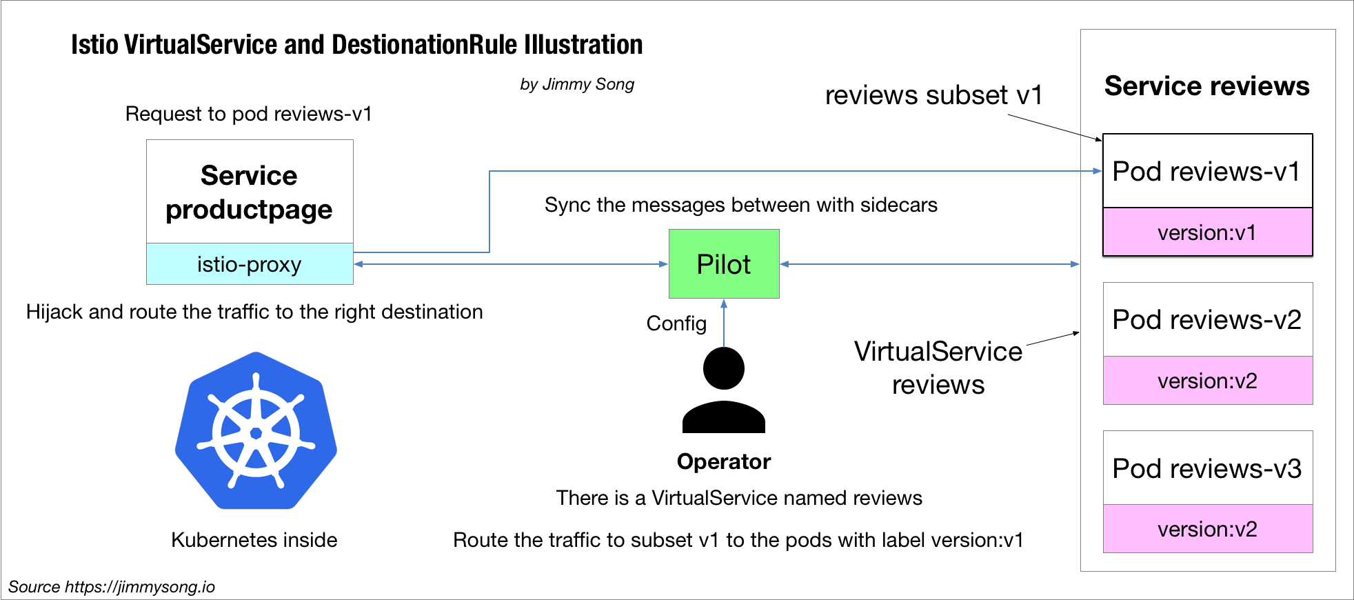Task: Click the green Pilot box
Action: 724,264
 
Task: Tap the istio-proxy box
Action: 250,264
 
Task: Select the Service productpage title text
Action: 249,192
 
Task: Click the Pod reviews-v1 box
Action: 1207,171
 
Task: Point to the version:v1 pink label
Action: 1207,232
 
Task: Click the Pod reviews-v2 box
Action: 1207,319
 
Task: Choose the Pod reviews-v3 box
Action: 1207,468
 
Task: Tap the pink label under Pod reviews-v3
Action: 1207,529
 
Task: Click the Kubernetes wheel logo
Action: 256,432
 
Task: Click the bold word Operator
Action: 724,461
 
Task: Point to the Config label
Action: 676,323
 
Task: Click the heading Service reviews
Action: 1206,86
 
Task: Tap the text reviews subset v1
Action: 933,95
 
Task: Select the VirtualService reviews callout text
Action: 938,368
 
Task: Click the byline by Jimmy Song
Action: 577,84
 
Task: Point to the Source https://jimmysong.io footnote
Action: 112,587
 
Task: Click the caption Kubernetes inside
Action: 254,540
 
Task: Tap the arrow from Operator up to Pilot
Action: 724,323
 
